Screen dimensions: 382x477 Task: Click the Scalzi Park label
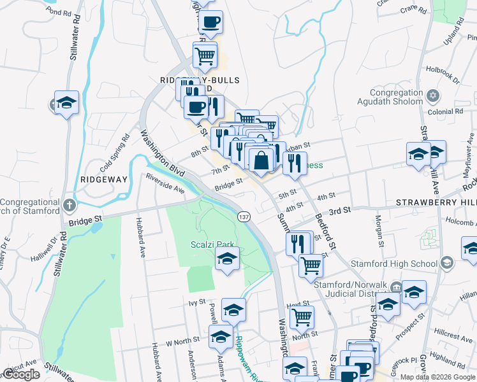pos(212,244)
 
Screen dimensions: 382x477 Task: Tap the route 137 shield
pos(244,217)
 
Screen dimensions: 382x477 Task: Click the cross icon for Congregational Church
pos(70,206)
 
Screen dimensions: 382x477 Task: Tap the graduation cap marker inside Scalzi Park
pos(226,260)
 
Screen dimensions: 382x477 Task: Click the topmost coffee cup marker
pos(210,22)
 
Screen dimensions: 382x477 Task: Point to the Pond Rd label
pos(59,13)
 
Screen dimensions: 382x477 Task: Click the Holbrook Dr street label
pos(443,76)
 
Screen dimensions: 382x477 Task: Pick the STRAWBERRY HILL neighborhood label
pos(436,202)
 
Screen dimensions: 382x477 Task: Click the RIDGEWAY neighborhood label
pos(104,180)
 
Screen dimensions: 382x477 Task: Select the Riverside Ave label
pos(165,185)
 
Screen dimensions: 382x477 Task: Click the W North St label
pos(183,341)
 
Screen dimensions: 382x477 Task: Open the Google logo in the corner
pos(21,374)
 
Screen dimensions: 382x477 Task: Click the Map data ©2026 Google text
pos(437,377)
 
